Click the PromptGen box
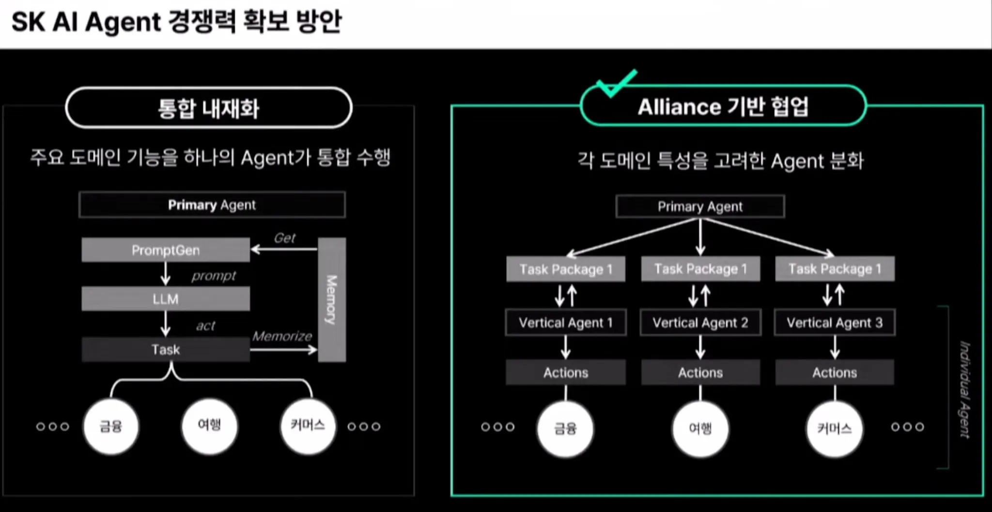[166, 250]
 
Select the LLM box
[166, 299]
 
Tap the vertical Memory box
[332, 300]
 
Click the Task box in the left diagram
[166, 349]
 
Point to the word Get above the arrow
[284, 238]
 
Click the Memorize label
[282, 336]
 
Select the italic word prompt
[214, 276]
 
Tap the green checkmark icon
[615, 83]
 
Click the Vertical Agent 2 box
[700, 323]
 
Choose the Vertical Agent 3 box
[835, 323]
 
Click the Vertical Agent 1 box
[566, 323]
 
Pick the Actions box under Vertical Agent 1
[566, 372]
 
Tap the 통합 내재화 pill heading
[209, 108]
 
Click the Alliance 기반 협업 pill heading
[723, 107]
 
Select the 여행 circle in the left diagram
[209, 426]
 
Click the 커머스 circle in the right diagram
[834, 429]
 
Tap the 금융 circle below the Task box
[111, 426]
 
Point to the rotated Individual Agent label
[964, 390]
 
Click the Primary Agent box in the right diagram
[700, 207]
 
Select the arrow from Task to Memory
[283, 349]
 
